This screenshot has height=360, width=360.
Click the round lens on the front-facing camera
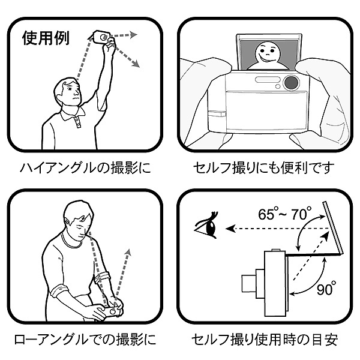tap(292, 83)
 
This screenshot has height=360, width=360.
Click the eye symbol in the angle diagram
tap(205, 227)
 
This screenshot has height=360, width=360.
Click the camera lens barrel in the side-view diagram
tap(248, 282)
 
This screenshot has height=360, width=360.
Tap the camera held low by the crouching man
tap(113, 311)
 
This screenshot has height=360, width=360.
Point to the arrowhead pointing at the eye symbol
tap(229, 228)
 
